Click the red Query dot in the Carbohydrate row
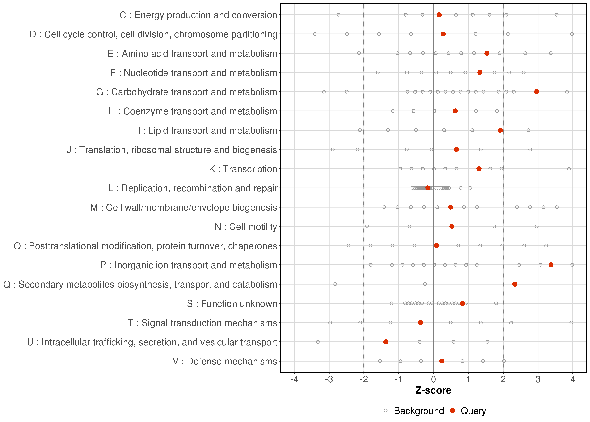point(537,92)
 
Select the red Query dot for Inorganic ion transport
point(551,265)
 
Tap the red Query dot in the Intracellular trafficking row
point(386,342)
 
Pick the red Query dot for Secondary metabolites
point(515,284)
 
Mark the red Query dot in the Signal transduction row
point(421,322)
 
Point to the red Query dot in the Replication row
point(428,188)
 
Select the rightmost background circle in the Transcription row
point(569,169)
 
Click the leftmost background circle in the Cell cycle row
point(315,34)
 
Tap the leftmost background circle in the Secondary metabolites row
point(335,284)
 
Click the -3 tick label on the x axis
point(329,380)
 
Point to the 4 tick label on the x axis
point(573,380)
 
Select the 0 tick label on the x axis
point(434,380)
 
